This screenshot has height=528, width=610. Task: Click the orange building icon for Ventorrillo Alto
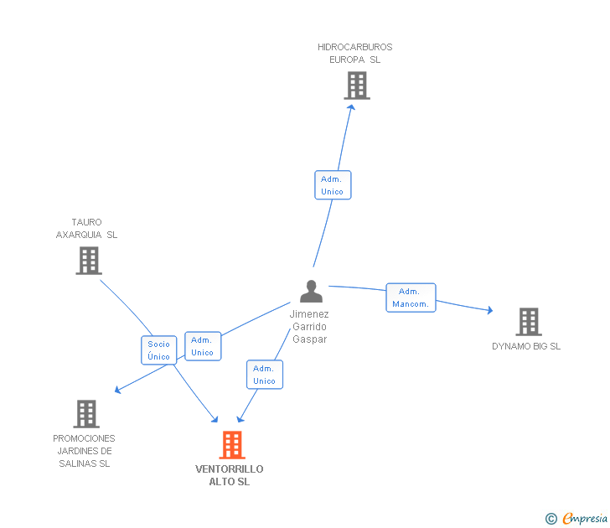pyautogui.click(x=232, y=445)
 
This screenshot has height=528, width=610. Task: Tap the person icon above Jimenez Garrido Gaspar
pyautogui.click(x=311, y=291)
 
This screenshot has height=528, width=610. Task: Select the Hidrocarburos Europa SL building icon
pyautogui.click(x=357, y=85)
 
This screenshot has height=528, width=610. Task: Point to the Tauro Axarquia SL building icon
pyautogui.click(x=89, y=261)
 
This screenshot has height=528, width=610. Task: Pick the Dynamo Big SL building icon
pyautogui.click(x=529, y=322)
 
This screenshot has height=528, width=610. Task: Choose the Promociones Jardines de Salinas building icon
pyautogui.click(x=86, y=414)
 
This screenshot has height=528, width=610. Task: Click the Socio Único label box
pyautogui.click(x=158, y=350)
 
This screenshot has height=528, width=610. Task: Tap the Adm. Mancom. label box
pyautogui.click(x=411, y=298)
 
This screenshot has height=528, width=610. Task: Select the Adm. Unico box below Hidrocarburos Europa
pyautogui.click(x=333, y=185)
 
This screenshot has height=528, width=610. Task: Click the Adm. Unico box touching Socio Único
pyautogui.click(x=203, y=346)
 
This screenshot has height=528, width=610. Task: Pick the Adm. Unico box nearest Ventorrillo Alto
pyautogui.click(x=265, y=375)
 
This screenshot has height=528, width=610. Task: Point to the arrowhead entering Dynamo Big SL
pyautogui.click(x=490, y=310)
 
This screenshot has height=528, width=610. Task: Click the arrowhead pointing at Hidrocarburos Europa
pyautogui.click(x=351, y=107)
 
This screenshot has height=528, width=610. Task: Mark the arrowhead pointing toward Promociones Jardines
pyautogui.click(x=117, y=390)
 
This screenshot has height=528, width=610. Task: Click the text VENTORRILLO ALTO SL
pyautogui.click(x=229, y=475)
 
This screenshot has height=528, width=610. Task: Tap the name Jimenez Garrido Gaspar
pyautogui.click(x=309, y=327)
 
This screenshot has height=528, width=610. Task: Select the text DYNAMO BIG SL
pyautogui.click(x=526, y=346)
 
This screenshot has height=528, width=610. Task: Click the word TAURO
pyautogui.click(x=86, y=222)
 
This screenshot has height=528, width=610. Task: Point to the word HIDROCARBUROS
pyautogui.click(x=354, y=47)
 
